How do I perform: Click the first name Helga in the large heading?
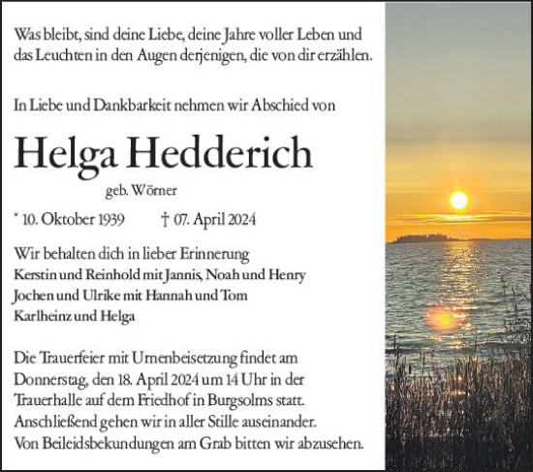coord(68,153)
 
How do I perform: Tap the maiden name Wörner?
coord(140,191)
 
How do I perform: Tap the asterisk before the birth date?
coord(18,218)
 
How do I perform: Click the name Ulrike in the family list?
coord(109,294)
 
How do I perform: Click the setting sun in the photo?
coord(458,200)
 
